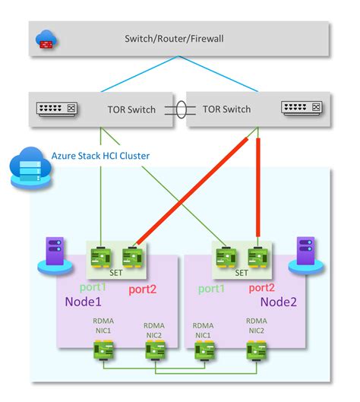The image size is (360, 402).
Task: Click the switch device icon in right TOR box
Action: pyautogui.click(x=302, y=109)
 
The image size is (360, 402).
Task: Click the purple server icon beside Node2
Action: pyautogui.click(x=306, y=253)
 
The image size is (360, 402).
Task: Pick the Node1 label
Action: pyautogui.click(x=82, y=303)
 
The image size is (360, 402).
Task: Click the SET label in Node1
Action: pyautogui.click(x=115, y=271)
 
